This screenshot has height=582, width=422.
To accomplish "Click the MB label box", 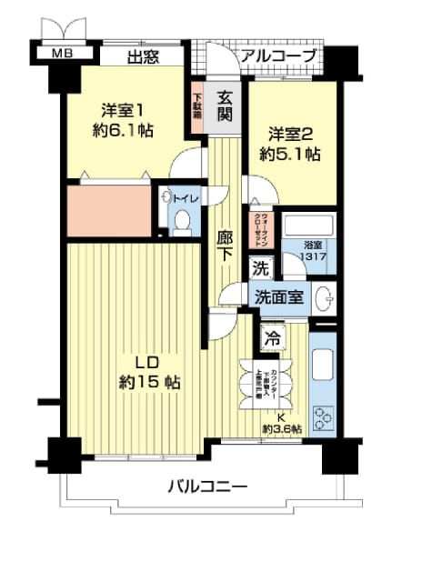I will pyautogui.click(x=62, y=55).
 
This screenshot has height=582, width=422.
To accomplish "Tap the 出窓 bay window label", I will pyautogui.click(x=143, y=58).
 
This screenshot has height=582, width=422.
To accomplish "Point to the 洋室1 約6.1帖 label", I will pyautogui.click(x=123, y=118).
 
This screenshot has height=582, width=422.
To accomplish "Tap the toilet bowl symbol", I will pyautogui.click(x=180, y=220).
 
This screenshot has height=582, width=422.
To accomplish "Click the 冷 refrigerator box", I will pyautogui.click(x=271, y=336).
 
